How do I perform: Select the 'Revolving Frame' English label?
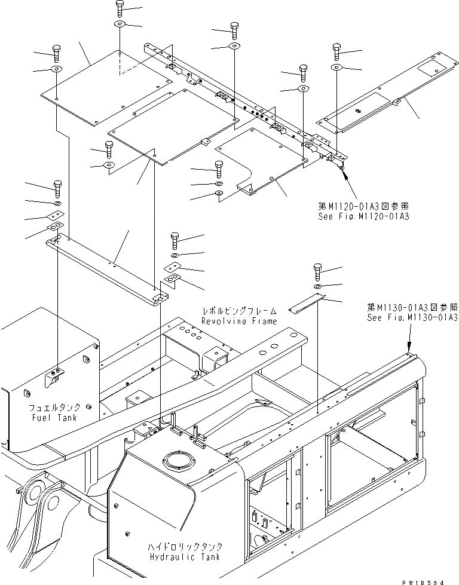coord(238,321)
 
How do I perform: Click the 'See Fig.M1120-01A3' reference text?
coord(364,216)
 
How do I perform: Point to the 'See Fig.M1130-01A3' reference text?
coord(413,318)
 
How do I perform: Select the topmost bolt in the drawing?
coord(118,9)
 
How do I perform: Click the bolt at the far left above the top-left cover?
coord(57,53)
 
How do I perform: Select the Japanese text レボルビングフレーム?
coord(239,311)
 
